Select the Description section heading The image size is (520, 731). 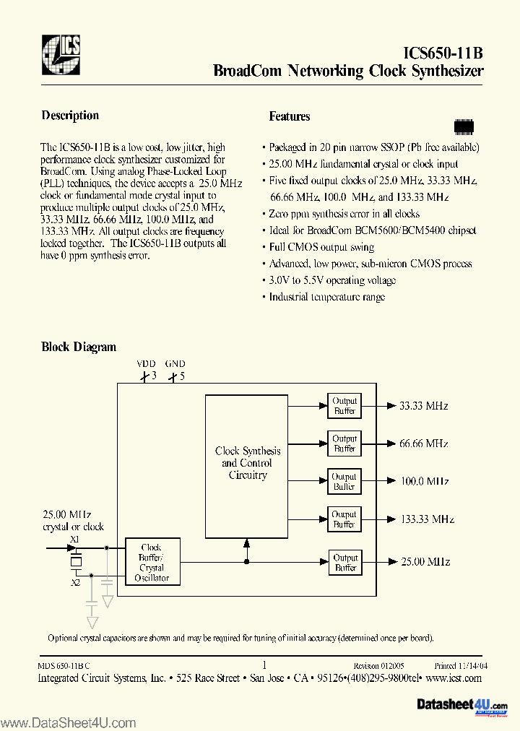tap(70, 116)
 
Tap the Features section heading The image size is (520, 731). tap(290, 116)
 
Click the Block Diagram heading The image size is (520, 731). tap(79, 347)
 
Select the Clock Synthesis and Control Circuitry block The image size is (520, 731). tap(248, 464)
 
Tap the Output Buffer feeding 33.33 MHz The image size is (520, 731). tap(344, 406)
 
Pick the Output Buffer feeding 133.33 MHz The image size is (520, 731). tap(344, 519)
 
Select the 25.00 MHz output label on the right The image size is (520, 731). tap(425, 561)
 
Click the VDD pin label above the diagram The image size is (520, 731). tap(146, 364)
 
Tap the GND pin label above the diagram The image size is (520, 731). tap(175, 364)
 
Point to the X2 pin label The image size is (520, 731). tap(75, 581)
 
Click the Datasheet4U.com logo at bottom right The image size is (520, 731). tap(462, 705)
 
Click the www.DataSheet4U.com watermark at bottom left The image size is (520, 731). tap(68, 722)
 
